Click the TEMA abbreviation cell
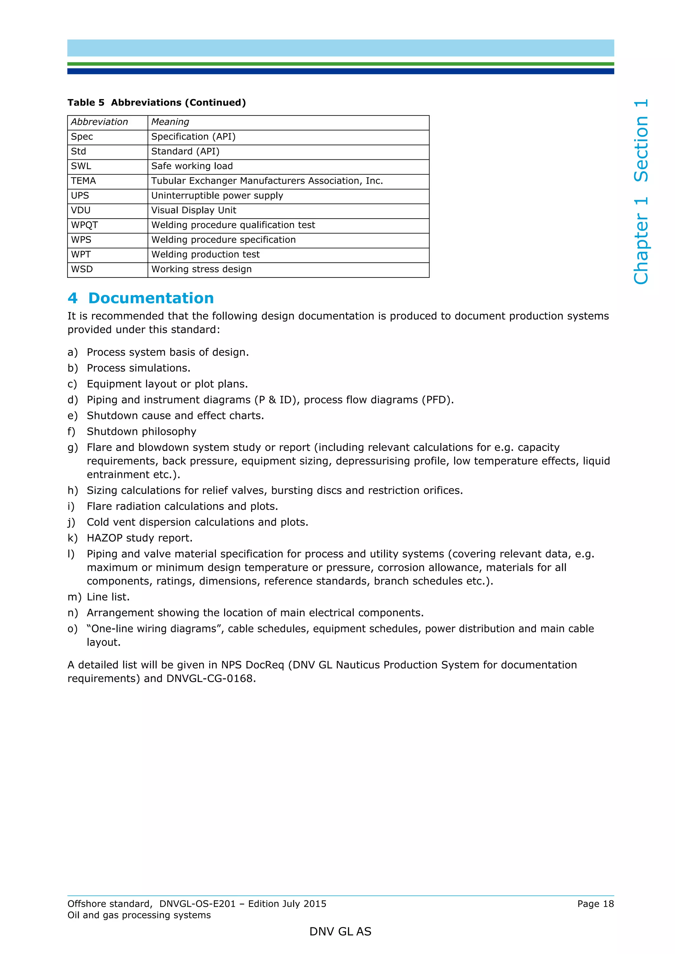coord(84,181)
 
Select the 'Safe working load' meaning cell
coord(192,166)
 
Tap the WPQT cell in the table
coord(84,225)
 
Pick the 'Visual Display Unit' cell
coord(193,210)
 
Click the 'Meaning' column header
coord(170,122)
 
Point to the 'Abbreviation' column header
coord(100,122)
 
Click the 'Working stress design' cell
coord(201,269)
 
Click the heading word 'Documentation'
coord(151,298)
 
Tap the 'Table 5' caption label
coord(86,103)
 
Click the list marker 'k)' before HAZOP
coord(73,538)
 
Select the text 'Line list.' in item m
coord(108,597)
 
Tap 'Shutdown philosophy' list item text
coord(141,432)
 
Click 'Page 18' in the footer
coord(595,904)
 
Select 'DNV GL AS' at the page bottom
coord(340,932)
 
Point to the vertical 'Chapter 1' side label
coord(640,241)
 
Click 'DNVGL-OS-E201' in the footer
coord(197,904)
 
